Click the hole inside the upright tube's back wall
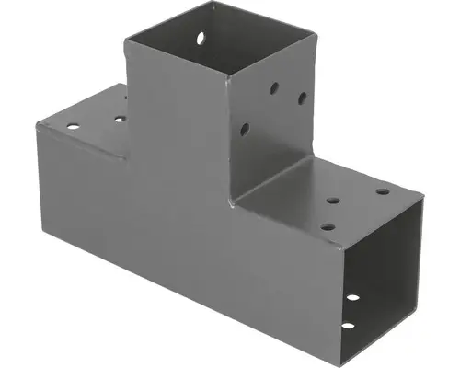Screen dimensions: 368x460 (x=200, y=40)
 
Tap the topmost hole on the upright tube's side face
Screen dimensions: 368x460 (x=274, y=89)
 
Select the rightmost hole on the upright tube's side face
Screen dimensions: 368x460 (x=302, y=97)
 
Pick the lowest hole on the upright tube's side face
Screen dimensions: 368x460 (x=245, y=130)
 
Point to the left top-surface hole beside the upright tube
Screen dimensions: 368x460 (x=120, y=118)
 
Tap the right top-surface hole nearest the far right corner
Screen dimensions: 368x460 (x=382, y=192)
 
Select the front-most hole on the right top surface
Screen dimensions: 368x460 (x=328, y=225)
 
